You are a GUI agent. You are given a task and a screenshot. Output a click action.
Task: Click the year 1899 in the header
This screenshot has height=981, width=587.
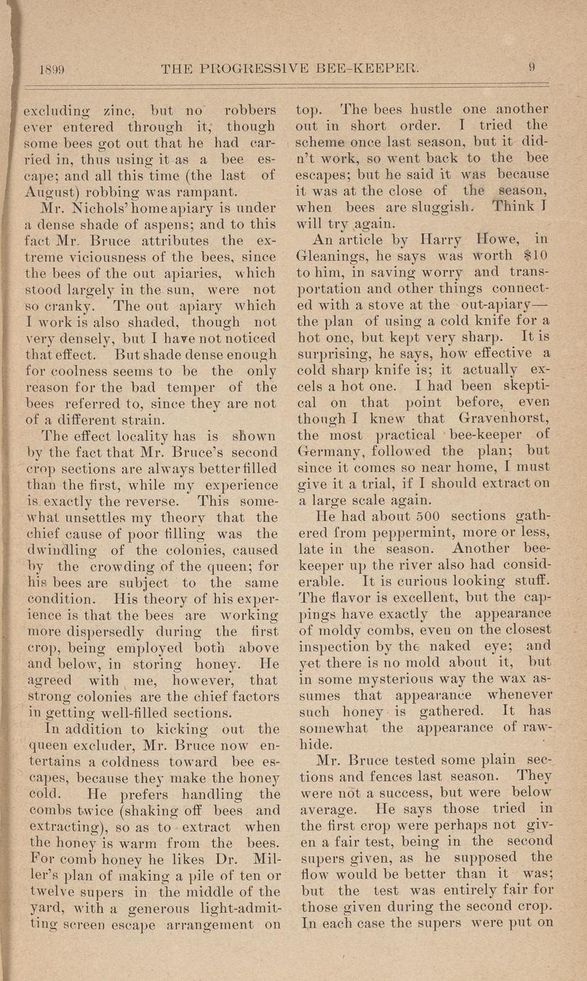click(50, 69)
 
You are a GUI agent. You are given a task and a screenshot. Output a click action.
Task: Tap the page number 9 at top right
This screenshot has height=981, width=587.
click(531, 68)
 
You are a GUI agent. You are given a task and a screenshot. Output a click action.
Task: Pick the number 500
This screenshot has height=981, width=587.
click(408, 517)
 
